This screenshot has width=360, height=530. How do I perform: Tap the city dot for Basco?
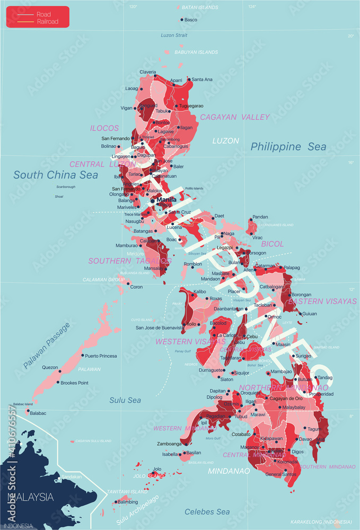(x=182, y=20)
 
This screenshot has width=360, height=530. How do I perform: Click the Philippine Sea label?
(x=288, y=147)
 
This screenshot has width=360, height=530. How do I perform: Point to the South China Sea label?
(x=56, y=175)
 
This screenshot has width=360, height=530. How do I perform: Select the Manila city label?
(x=167, y=200)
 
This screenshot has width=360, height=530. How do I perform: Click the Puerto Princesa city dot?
(x=82, y=356)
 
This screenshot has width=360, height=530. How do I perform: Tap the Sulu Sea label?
(x=125, y=400)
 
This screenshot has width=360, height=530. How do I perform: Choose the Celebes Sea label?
(x=207, y=511)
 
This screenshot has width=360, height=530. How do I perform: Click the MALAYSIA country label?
(x=29, y=497)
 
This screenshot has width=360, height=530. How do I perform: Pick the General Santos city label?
(x=281, y=474)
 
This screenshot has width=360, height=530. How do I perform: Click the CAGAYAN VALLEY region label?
(x=235, y=117)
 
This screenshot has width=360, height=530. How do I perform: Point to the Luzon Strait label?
(x=174, y=35)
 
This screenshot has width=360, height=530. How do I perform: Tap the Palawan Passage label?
(x=47, y=345)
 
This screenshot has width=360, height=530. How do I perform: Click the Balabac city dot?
(x=28, y=411)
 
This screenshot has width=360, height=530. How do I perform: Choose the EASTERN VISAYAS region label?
(x=322, y=301)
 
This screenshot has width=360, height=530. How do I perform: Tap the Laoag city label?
(x=131, y=89)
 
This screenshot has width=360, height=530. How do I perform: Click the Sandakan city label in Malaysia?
(x=72, y=476)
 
